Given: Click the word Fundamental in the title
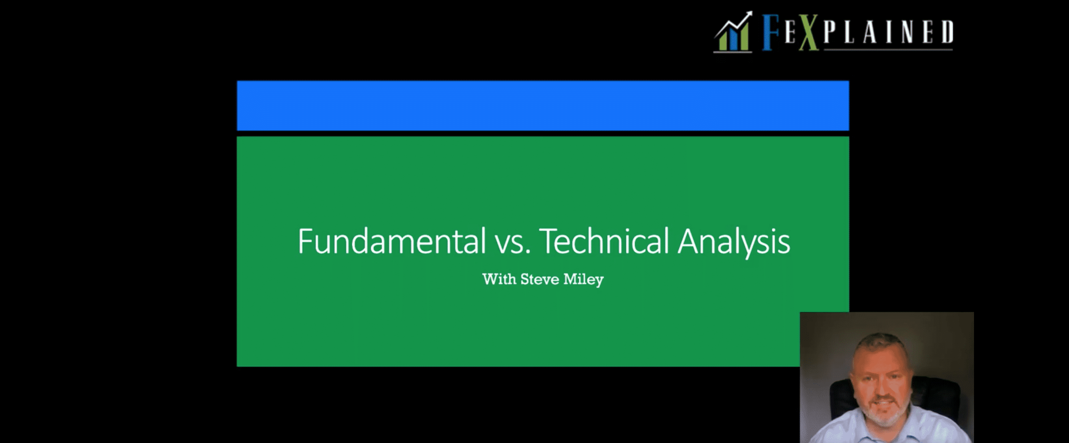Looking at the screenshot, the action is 392,241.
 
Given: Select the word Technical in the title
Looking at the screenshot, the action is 604,241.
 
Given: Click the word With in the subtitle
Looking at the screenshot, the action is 499,279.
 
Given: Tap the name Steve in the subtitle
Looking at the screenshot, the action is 539,279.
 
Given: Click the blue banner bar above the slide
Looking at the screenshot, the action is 543,106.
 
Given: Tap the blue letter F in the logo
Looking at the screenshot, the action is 771,32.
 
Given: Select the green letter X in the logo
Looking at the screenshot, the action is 808,32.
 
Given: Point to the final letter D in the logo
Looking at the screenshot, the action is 947,32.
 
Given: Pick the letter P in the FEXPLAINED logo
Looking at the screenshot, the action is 830,32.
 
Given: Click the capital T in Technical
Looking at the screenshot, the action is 548,241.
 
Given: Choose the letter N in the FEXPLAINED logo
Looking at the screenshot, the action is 908,32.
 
